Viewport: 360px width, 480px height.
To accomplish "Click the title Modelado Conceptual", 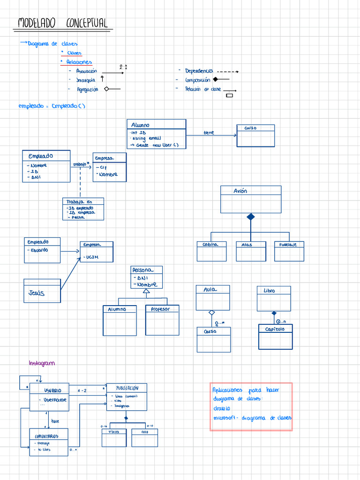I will [x=63, y=23].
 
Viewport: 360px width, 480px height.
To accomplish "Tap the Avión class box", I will [x=251, y=199].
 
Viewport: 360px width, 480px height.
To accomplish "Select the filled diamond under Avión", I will [x=251, y=217].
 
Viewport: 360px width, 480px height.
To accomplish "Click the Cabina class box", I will [x=211, y=251].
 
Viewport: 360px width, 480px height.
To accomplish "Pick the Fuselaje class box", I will [x=289, y=251].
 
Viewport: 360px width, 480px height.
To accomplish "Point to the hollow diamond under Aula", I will [x=212, y=312].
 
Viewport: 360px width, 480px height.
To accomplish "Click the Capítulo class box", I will [x=275, y=337].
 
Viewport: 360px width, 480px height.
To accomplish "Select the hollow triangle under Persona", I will [x=146, y=292].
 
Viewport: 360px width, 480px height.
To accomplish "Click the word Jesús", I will [x=37, y=293].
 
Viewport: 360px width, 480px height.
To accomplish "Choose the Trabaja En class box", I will [x=83, y=209].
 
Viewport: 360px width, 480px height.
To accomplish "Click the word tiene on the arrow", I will [x=209, y=133].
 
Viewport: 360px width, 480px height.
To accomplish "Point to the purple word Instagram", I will [x=42, y=363].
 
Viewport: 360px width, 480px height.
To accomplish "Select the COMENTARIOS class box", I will [x=49, y=442].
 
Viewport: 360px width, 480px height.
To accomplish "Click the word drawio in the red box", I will [x=221, y=408].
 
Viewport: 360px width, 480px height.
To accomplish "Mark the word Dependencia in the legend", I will [x=199, y=71].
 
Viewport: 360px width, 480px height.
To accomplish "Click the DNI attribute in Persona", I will [x=142, y=277].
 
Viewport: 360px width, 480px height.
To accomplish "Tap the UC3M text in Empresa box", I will [x=92, y=257].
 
